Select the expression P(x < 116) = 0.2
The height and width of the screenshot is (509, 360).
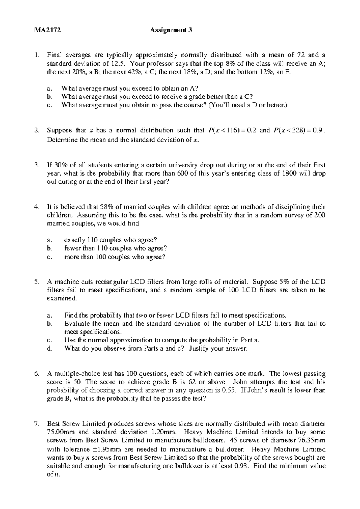coord(231,130)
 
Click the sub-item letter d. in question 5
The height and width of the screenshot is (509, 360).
coord(50,349)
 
